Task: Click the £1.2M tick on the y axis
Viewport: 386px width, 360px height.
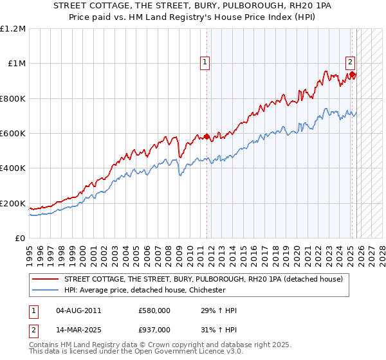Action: pos(13,29)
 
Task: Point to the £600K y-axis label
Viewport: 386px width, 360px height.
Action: pos(13,134)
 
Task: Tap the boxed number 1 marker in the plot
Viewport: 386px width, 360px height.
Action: pos(205,62)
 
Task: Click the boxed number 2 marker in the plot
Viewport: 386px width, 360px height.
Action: pos(350,62)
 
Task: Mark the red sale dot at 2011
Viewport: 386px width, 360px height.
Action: pos(207,137)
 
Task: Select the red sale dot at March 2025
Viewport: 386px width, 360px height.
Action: pos(352,75)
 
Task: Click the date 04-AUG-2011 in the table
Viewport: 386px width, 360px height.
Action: pos(78,310)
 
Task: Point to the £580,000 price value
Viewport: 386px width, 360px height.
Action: pos(154,310)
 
